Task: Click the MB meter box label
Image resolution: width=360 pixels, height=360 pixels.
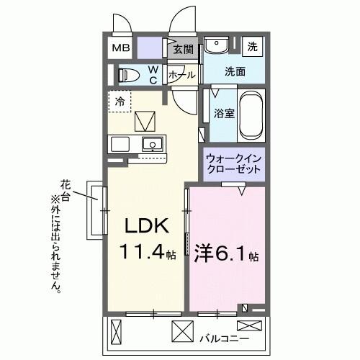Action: coord(120,48)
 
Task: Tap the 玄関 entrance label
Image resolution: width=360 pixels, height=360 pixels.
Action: coord(184,49)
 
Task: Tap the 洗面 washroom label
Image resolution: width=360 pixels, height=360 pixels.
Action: coord(234,71)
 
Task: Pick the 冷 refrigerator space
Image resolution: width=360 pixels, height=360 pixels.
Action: coord(120,102)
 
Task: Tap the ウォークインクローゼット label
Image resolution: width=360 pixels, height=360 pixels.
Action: coord(233,163)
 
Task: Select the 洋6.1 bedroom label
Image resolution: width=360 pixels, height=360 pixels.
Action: coord(225,254)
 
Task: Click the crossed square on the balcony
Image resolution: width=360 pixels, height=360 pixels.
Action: coord(179,330)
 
